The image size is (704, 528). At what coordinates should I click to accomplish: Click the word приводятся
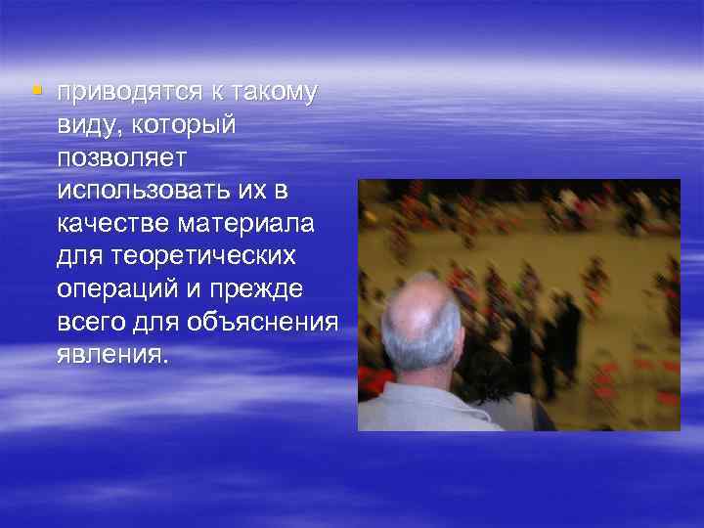click(128, 93)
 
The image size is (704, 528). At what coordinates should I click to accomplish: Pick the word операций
click(110, 289)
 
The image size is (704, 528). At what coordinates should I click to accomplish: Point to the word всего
click(86, 323)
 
